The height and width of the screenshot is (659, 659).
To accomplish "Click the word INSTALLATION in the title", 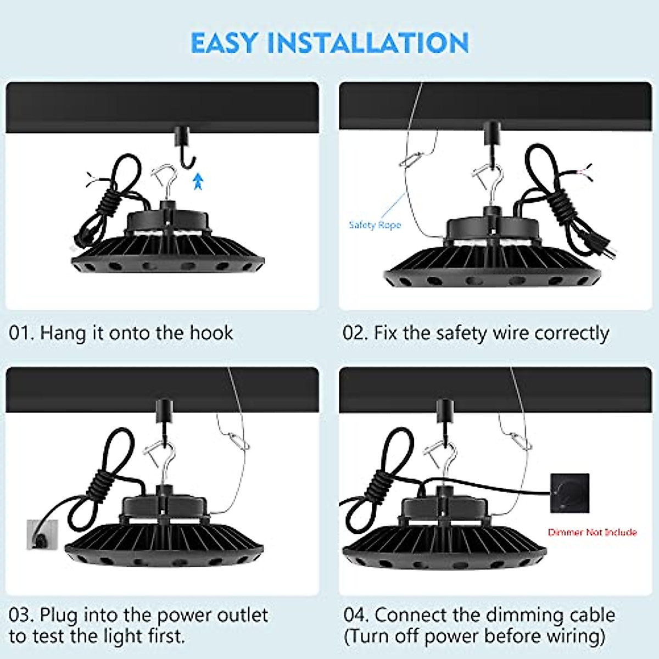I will pos(367,43).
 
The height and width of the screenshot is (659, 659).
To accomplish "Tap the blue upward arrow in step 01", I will pos(198,181).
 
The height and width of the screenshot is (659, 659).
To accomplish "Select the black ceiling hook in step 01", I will pos(183,146).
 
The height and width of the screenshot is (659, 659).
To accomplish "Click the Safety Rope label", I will pos(375,225).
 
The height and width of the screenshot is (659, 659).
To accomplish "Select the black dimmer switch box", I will pos(569,493).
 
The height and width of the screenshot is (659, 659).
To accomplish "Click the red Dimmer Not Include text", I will pos(592,532).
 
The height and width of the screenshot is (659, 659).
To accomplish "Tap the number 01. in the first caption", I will pos(21,333).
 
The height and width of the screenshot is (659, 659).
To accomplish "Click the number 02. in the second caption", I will pos(355,333).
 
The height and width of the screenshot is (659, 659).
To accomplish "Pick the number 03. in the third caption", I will pos(21,615).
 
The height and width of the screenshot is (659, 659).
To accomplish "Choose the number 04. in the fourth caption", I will pos(356,615).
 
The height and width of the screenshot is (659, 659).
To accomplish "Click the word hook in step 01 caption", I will pos(211,333).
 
